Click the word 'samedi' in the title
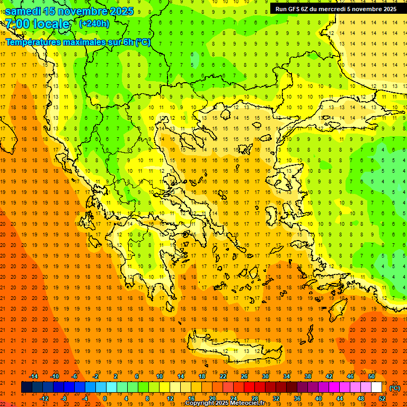coord(22,11)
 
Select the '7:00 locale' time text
coord(37,24)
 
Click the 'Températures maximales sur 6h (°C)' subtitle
coord(77,42)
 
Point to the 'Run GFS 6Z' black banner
coord(335,9)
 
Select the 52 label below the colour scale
coord(382,398)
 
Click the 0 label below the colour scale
coord(104,398)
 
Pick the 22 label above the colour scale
coord(223,376)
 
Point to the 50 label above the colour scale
coord(371,376)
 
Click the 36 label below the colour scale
coord(297,398)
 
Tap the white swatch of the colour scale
coord(377,387)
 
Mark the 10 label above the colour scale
coord(160,376)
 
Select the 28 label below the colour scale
coord(255,398)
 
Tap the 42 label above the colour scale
coord(329,376)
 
